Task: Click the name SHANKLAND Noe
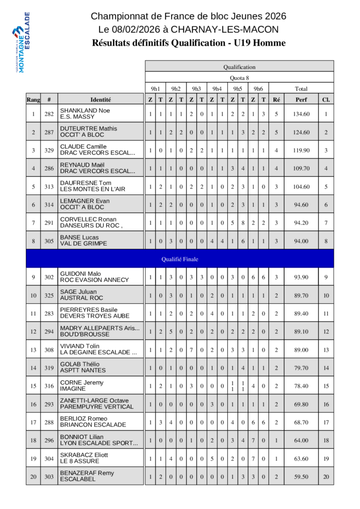tap(85, 110)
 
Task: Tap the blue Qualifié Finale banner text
tap(180, 259)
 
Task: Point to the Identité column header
tap(101, 99)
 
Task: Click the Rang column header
tap(33, 99)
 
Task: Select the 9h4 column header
tap(217, 89)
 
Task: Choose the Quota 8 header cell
tap(239, 78)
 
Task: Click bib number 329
tap(49, 150)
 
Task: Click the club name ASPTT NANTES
tap(83, 370)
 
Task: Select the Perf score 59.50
tap(301, 476)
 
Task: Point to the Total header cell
tap(301, 89)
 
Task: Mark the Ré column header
tap(276, 99)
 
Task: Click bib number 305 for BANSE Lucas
tap(49, 241)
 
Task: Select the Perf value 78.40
tap(301, 386)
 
